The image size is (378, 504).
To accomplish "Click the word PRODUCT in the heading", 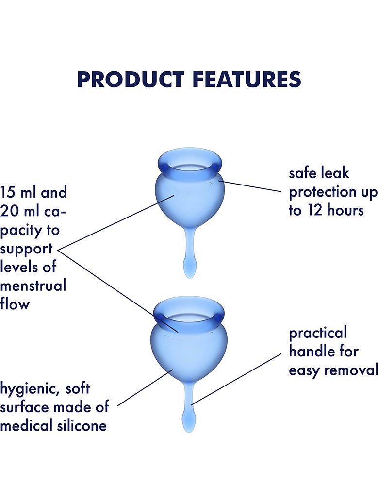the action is pos(131,80).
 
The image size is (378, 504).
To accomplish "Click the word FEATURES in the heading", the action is pos(247,80).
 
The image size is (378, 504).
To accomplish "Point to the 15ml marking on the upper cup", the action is pos(181,192).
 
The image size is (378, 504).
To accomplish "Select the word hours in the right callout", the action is pos(345,210).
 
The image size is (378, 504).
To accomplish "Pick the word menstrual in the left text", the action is pos(33,286).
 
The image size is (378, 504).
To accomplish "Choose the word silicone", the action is pos(82,426).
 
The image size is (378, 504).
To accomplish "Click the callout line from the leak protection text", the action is pos(250,186).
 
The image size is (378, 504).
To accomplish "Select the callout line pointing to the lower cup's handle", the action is pos(236,380).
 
